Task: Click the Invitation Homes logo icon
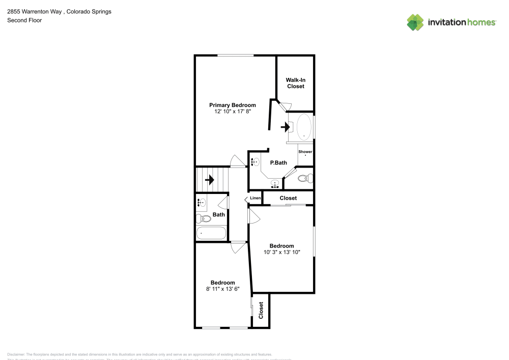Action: pos(415,22)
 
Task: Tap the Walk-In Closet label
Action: pos(295,83)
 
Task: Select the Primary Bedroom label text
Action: pos(233,105)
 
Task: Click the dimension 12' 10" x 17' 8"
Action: pos(233,112)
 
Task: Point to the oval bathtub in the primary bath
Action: pos(304,127)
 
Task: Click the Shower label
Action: pos(305,152)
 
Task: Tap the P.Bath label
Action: pos(278,163)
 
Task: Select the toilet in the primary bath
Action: pos(304,178)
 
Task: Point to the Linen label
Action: pos(256,198)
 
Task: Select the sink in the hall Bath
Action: pos(201,203)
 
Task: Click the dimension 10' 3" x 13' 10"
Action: pos(281,252)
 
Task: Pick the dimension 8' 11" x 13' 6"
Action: pos(222,289)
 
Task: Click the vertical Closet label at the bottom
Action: pos(261,310)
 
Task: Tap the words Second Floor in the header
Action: pos(24,20)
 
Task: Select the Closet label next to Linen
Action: pos(288,198)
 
